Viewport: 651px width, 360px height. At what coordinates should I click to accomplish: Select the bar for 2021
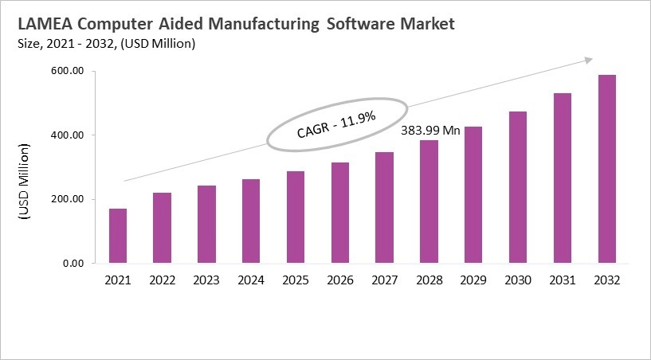point(118,236)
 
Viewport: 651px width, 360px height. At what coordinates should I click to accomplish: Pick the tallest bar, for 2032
point(607,169)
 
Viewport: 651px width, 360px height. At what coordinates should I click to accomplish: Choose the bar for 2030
point(518,187)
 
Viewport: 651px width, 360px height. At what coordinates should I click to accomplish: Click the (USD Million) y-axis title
point(23,182)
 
